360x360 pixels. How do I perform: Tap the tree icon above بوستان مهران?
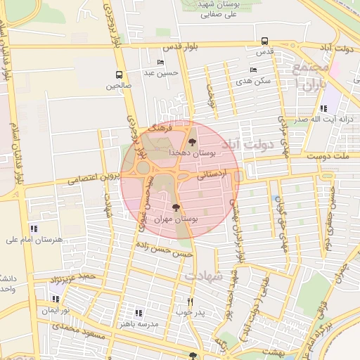click(175, 207)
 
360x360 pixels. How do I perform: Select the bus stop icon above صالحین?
click(119, 75)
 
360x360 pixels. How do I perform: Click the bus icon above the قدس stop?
click(264, 41)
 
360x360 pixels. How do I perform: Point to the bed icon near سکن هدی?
click(253, 70)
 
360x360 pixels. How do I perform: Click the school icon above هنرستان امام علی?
click(34, 229)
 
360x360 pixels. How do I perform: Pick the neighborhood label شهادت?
click(204, 276)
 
